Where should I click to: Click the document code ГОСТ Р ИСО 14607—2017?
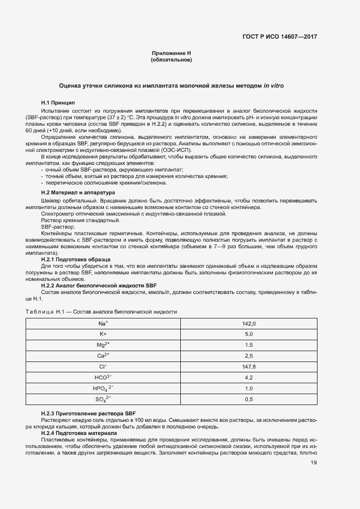coord(279,37)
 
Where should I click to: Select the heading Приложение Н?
coord(171,53)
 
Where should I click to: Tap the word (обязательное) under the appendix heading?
coord(171,60)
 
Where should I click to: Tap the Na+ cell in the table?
coord(102,323)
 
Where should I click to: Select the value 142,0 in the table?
coord(249,323)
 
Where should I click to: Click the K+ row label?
coord(102,334)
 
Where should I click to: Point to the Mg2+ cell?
coord(102,345)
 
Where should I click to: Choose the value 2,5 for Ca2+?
coord(249,356)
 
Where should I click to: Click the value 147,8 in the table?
coord(249,366)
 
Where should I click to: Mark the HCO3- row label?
coord(102,377)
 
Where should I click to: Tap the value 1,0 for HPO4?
coord(249,389)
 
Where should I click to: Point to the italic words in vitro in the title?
coord(273,86)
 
